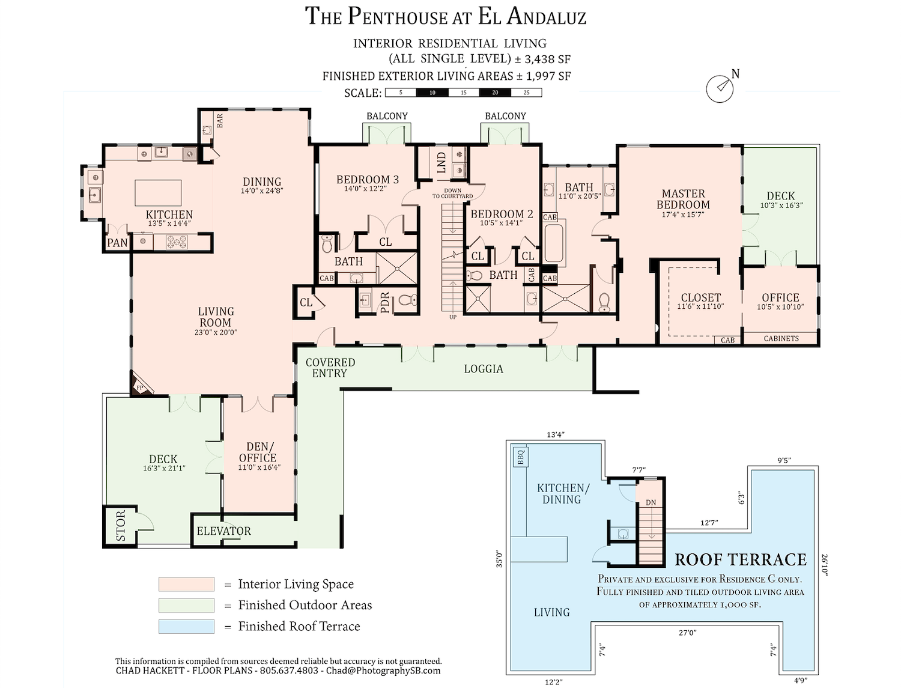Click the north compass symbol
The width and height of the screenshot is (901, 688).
coord(719,88)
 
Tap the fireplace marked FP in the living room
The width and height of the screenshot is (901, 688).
coord(139,386)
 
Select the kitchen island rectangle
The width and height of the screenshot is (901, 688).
coord(158,192)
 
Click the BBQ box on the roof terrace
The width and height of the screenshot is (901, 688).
coord(521,457)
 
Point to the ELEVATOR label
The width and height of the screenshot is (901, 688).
coord(223,531)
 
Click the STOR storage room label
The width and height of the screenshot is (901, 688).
coord(121,526)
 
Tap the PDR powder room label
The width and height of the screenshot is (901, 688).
coord(385,302)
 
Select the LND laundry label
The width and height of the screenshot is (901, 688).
coord(441,163)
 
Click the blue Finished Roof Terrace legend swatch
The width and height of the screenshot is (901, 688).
coord(186,627)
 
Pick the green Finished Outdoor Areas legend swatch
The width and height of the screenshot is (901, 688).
coord(186,605)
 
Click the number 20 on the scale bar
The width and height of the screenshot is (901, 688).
coord(495,93)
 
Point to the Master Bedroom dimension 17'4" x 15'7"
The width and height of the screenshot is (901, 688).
coord(683,215)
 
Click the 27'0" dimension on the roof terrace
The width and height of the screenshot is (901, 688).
coord(688,633)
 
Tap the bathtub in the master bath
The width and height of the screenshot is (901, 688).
coord(554,243)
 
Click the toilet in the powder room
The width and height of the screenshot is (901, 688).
coord(407,300)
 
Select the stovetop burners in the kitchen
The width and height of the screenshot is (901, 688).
coord(177,242)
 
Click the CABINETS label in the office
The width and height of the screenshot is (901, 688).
coord(781,339)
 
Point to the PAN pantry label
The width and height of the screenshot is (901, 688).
coord(117,243)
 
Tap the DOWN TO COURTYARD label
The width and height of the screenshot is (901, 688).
coord(452,193)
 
